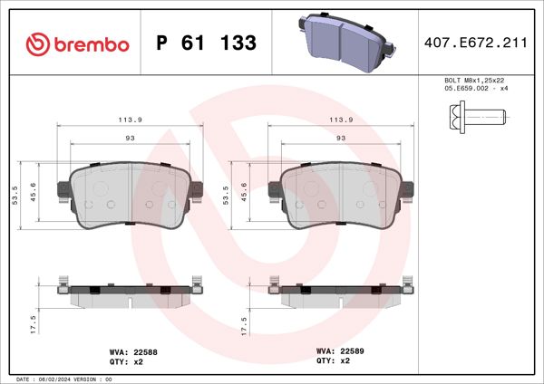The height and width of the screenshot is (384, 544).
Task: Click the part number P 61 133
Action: click(x=206, y=43)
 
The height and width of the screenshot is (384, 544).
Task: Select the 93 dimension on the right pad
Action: click(x=341, y=138)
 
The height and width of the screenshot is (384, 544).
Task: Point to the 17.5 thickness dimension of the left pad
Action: click(x=34, y=324)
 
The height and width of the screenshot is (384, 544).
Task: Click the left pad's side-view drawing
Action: click(x=128, y=292)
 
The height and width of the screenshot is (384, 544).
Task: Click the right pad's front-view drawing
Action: click(x=342, y=193)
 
